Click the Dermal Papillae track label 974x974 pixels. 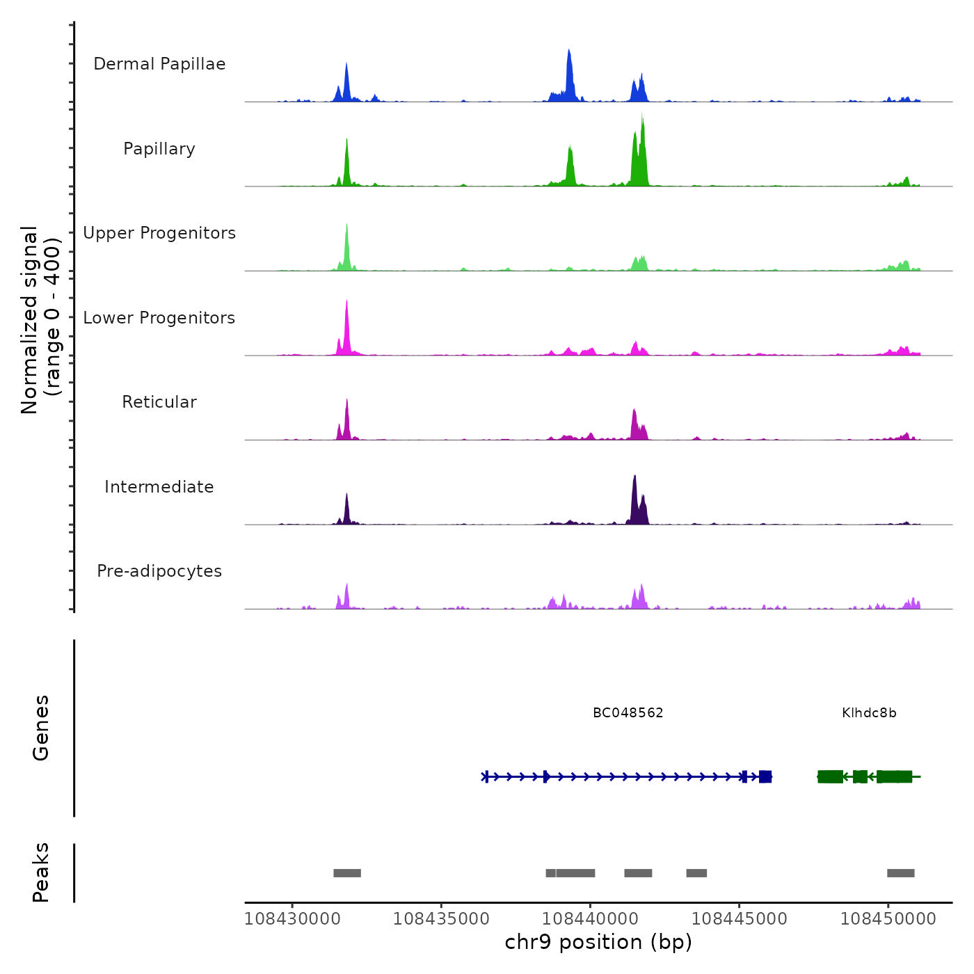[x=159, y=64]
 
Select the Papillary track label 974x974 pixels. [x=159, y=149]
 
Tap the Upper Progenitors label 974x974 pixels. [x=159, y=233]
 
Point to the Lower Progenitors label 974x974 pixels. [x=159, y=318]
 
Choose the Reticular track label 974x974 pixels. [x=159, y=402]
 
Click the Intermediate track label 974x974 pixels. [x=159, y=487]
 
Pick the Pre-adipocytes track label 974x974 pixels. [x=159, y=571]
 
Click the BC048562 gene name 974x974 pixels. [x=628, y=713]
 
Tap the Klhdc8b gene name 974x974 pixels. [x=869, y=713]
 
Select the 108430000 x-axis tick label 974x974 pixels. [x=292, y=919]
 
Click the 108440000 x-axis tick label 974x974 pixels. [x=590, y=919]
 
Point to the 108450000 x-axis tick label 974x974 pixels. [x=888, y=919]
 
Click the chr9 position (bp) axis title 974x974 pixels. [x=598, y=943]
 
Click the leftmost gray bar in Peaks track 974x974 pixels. [x=347, y=873]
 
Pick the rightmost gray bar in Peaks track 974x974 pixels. [x=900, y=873]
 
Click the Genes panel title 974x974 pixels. [x=40, y=728]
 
